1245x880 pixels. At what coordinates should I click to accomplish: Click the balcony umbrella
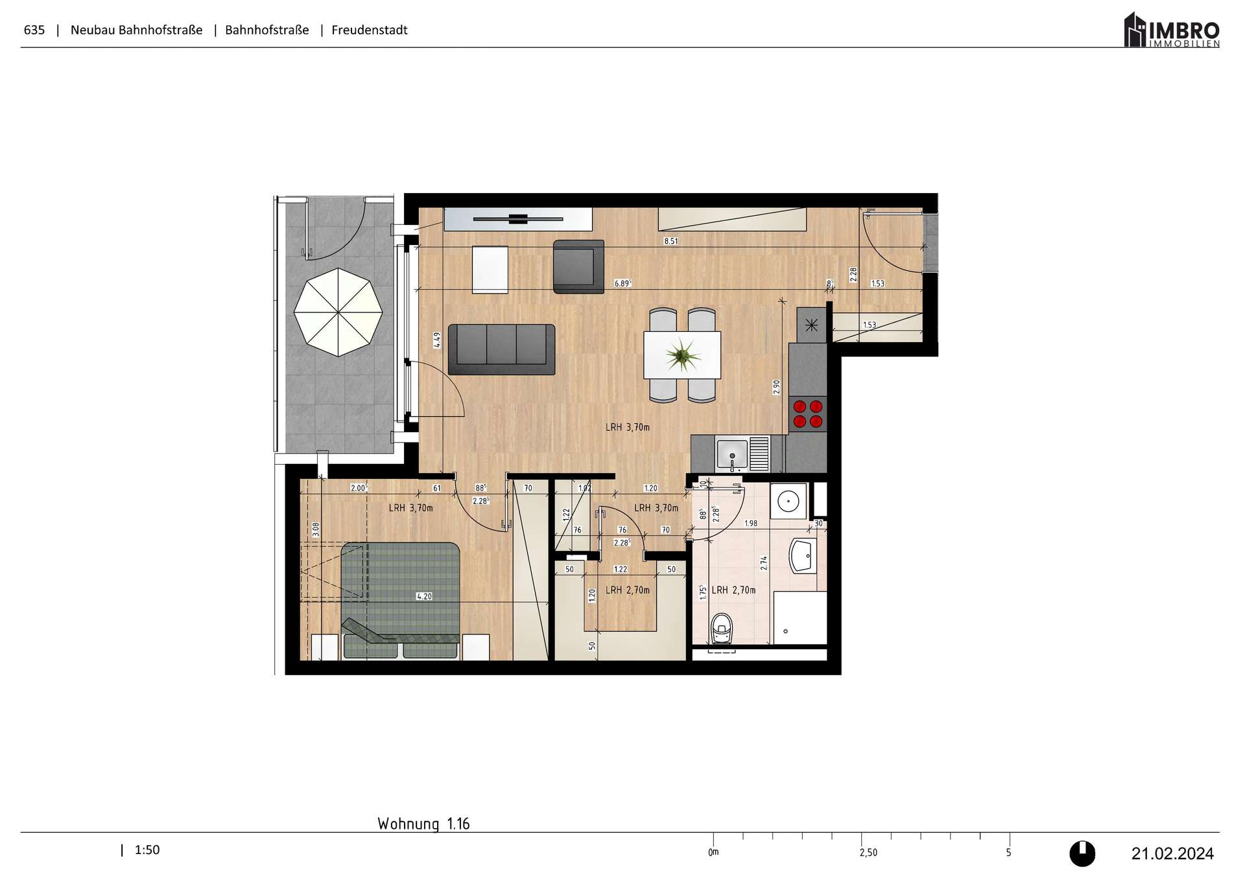coord(338,312)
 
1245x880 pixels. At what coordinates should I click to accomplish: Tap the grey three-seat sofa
coord(502,349)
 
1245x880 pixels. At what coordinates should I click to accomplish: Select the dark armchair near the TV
coord(578,266)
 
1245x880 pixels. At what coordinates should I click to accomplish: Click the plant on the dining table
coord(682,355)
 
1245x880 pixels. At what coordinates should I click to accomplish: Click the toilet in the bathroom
coord(722,628)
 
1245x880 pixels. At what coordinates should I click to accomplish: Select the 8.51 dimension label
coord(670,241)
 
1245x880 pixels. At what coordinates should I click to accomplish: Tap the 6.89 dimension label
coord(622,283)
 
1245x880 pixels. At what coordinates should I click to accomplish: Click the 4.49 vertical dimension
coord(437,340)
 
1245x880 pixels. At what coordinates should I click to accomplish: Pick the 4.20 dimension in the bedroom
coord(423,596)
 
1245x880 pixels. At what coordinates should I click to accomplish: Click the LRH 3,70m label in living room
coord(627,427)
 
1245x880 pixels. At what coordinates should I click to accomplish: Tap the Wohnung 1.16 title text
coord(423,824)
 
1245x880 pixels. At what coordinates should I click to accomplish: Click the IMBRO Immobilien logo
coord(1172,30)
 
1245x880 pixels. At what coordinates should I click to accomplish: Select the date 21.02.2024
coord(1172,853)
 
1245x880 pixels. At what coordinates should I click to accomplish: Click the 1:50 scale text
coord(147,850)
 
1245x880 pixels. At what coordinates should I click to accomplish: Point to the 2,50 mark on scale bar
coord(868,853)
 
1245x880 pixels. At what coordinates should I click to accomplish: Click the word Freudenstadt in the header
coord(369,30)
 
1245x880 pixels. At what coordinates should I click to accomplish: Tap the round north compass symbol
coord(1082,853)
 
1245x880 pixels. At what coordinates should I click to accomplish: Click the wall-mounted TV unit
coord(517,219)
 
